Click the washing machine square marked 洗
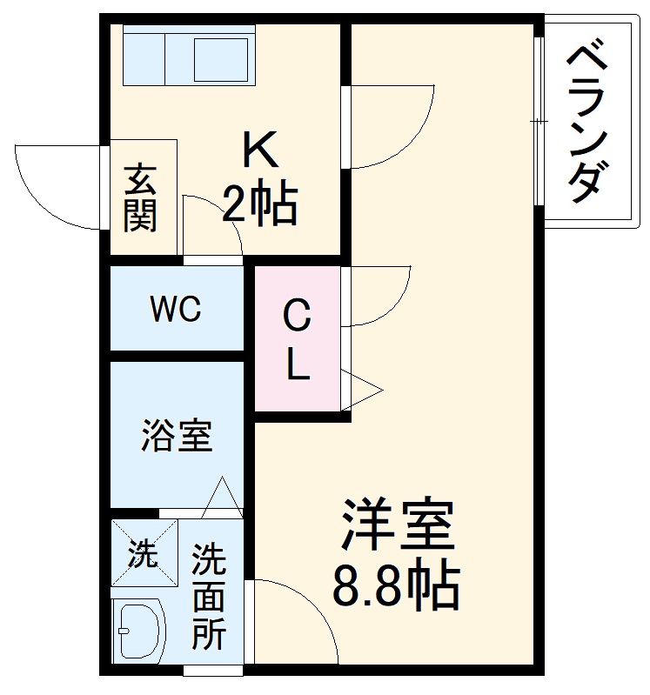click(x=144, y=552)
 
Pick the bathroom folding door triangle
click(x=224, y=498)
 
